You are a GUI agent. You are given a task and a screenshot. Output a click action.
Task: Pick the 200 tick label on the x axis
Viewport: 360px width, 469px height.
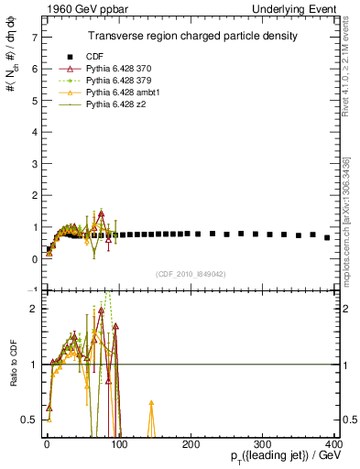click(191, 445)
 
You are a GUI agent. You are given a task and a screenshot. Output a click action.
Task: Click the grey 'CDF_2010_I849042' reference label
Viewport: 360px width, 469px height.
click(191, 273)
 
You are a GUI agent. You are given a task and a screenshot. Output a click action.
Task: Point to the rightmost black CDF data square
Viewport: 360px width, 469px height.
click(327, 237)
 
